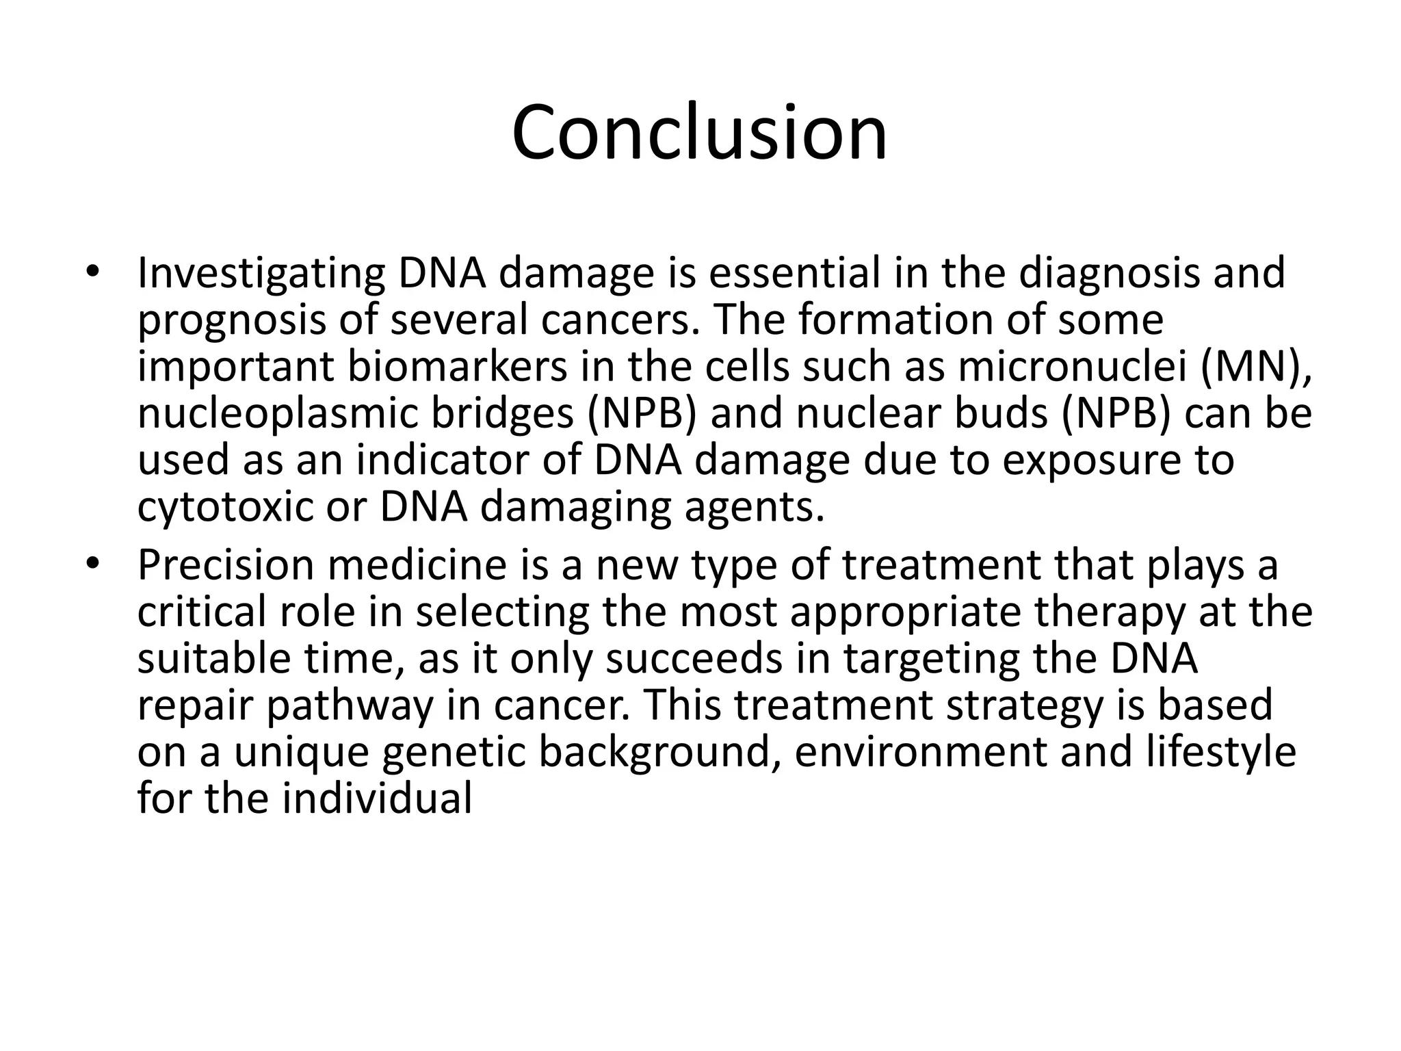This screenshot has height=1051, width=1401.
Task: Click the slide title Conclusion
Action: (x=699, y=132)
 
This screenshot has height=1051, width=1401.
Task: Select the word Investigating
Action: (x=261, y=274)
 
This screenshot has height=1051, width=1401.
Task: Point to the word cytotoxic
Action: (x=224, y=507)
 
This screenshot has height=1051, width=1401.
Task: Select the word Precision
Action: (x=225, y=566)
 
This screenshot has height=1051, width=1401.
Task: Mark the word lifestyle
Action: (x=1220, y=752)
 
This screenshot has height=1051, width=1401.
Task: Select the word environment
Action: (x=920, y=752)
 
